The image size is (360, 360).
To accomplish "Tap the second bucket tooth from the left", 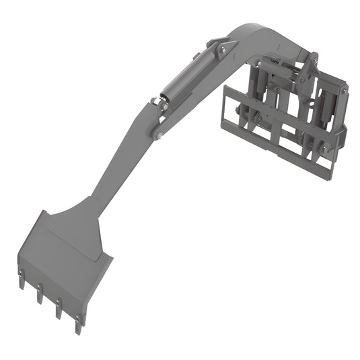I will pyautogui.click(x=40, y=293).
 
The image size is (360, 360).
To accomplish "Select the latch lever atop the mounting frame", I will pyautogui.click(x=312, y=64).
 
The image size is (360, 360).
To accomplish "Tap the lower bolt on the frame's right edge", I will pyautogui.click(x=328, y=148).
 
